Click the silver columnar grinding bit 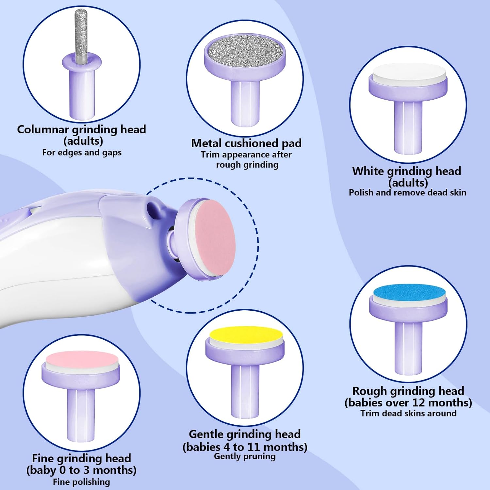[x=81, y=36]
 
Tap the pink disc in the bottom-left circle [x=82, y=359]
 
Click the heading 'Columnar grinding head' [x=81, y=129]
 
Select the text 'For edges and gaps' [x=82, y=153]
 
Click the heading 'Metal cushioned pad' [x=246, y=143]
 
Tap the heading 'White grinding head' [x=407, y=171]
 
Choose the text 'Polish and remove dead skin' [x=407, y=192]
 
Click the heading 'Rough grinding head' [x=408, y=391]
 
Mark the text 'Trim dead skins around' [x=408, y=413]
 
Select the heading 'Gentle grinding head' [x=245, y=434]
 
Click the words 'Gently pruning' [x=245, y=456]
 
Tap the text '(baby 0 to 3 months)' [x=81, y=470]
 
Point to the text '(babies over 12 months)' [x=408, y=402]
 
